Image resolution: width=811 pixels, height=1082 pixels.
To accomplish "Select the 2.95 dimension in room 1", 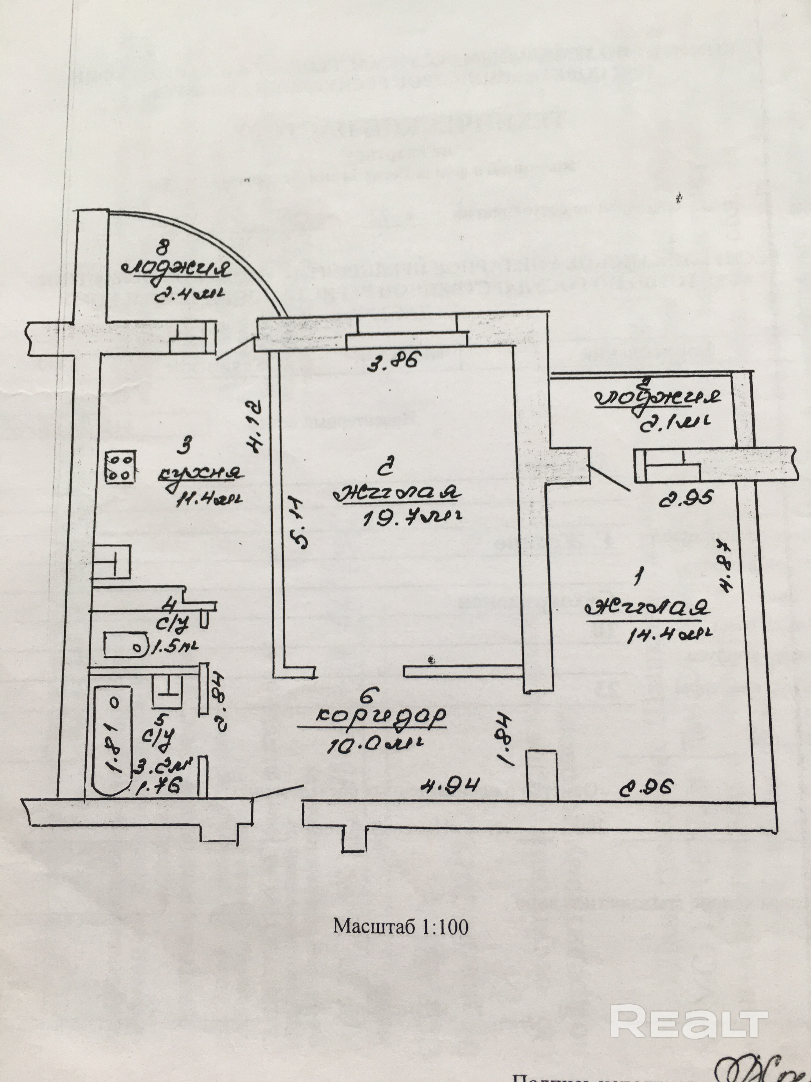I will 687,499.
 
